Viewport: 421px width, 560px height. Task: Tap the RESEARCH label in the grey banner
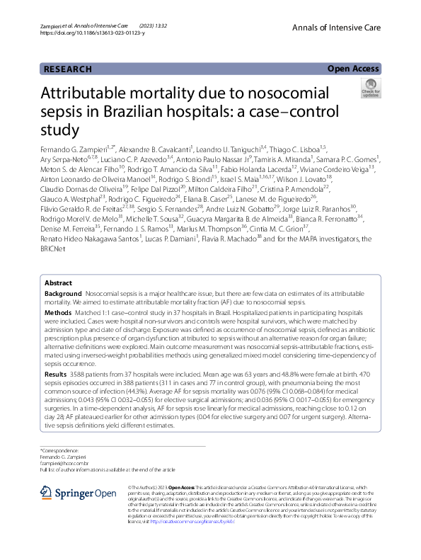coord(68,69)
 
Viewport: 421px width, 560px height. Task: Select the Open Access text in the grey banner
coord(353,69)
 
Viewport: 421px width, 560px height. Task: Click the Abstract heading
coord(59,282)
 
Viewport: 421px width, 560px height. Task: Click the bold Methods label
coord(58,312)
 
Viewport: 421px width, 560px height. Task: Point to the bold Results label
coord(57,372)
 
